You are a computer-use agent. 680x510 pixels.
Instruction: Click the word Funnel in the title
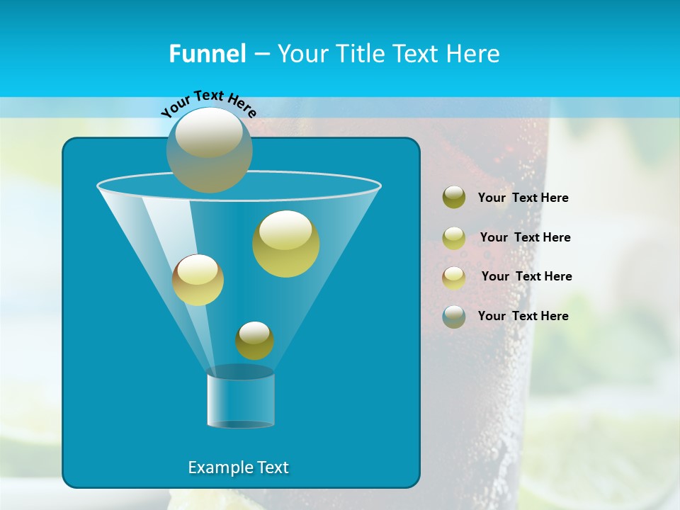pyautogui.click(x=207, y=54)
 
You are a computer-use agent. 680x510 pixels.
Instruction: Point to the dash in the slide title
pyautogui.click(x=261, y=54)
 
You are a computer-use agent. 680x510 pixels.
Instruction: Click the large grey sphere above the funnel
pyautogui.click(x=209, y=150)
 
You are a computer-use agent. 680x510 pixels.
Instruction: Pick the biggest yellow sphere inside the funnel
pyautogui.click(x=285, y=244)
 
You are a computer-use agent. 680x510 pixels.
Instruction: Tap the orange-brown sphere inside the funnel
pyautogui.click(x=198, y=280)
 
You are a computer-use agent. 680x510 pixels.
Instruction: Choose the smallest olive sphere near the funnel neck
pyautogui.click(x=254, y=341)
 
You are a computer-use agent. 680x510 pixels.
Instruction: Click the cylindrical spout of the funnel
pyautogui.click(x=240, y=399)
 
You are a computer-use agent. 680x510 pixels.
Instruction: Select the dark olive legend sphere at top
pyautogui.click(x=454, y=198)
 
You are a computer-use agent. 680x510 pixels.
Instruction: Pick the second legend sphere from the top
pyautogui.click(x=454, y=237)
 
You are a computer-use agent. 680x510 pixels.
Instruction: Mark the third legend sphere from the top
pyautogui.click(x=454, y=277)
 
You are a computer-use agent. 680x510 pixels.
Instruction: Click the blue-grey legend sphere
pyautogui.click(x=454, y=316)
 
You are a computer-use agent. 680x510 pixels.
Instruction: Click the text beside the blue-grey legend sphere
pyautogui.click(x=523, y=316)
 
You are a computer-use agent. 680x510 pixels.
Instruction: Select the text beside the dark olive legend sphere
pyautogui.click(x=523, y=198)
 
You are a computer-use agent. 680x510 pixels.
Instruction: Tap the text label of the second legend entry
pyautogui.click(x=525, y=237)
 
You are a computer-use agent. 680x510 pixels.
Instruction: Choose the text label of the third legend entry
pyautogui.click(x=526, y=276)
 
